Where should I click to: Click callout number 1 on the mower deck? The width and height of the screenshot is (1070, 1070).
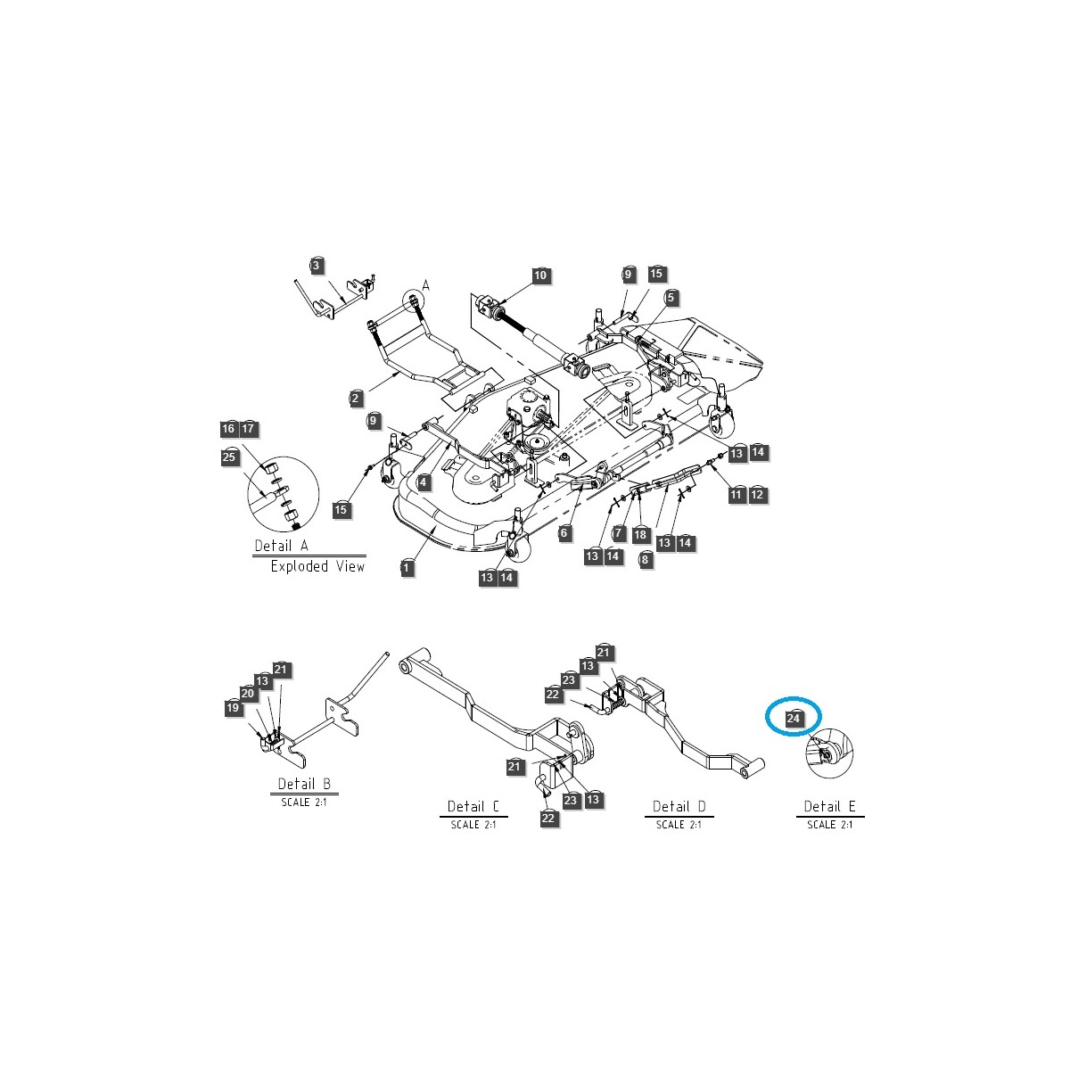(407, 567)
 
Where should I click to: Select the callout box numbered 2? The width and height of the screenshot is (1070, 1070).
(356, 398)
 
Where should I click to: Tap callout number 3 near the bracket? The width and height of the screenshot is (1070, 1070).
(317, 265)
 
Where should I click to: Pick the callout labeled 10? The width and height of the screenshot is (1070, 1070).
(540, 276)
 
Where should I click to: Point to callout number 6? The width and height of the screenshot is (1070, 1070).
(564, 532)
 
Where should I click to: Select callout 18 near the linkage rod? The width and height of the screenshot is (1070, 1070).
(639, 533)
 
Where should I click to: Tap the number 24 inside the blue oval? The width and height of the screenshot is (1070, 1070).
(792, 716)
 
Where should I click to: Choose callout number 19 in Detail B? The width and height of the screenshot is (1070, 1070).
(232, 707)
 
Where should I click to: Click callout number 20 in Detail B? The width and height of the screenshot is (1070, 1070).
(248, 694)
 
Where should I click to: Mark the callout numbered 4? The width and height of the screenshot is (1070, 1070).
(424, 482)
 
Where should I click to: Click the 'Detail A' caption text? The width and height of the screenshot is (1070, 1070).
(281, 546)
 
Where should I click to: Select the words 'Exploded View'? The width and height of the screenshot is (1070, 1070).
(317, 566)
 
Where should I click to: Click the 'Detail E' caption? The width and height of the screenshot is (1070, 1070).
(829, 806)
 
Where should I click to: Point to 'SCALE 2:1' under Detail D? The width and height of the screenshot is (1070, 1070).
(679, 825)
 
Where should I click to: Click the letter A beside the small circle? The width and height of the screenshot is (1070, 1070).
(425, 284)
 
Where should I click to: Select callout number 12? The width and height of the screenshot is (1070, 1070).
(757, 494)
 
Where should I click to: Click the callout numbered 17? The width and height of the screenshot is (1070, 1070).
(248, 429)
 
